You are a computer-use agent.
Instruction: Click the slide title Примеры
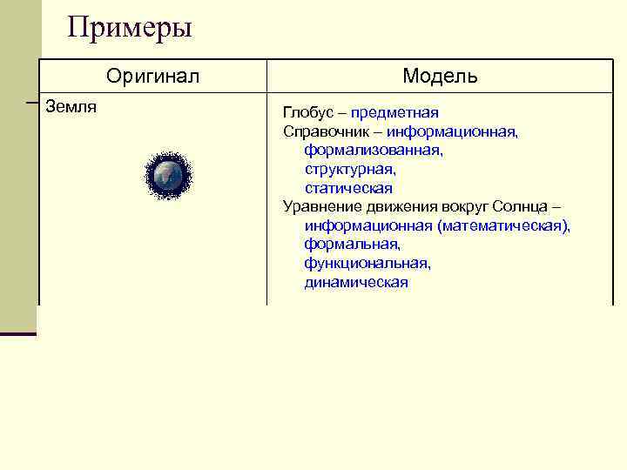coord(130,28)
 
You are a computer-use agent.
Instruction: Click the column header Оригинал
coord(152,76)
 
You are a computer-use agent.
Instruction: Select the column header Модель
coord(440,76)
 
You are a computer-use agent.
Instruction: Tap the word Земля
coord(71,107)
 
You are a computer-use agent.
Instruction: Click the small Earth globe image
coord(167,177)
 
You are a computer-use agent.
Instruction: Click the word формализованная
coord(374,151)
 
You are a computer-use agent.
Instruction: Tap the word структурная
coord(350,169)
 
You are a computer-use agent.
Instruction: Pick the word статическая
coord(348,188)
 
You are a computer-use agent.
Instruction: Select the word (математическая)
coord(504,225)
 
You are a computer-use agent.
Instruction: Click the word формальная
coord(352,245)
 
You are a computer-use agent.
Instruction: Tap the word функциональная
coord(367,263)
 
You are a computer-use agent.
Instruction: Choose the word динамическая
coord(356,282)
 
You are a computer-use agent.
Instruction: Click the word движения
coord(396,206)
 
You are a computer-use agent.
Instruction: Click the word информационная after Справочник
coord(453,131)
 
